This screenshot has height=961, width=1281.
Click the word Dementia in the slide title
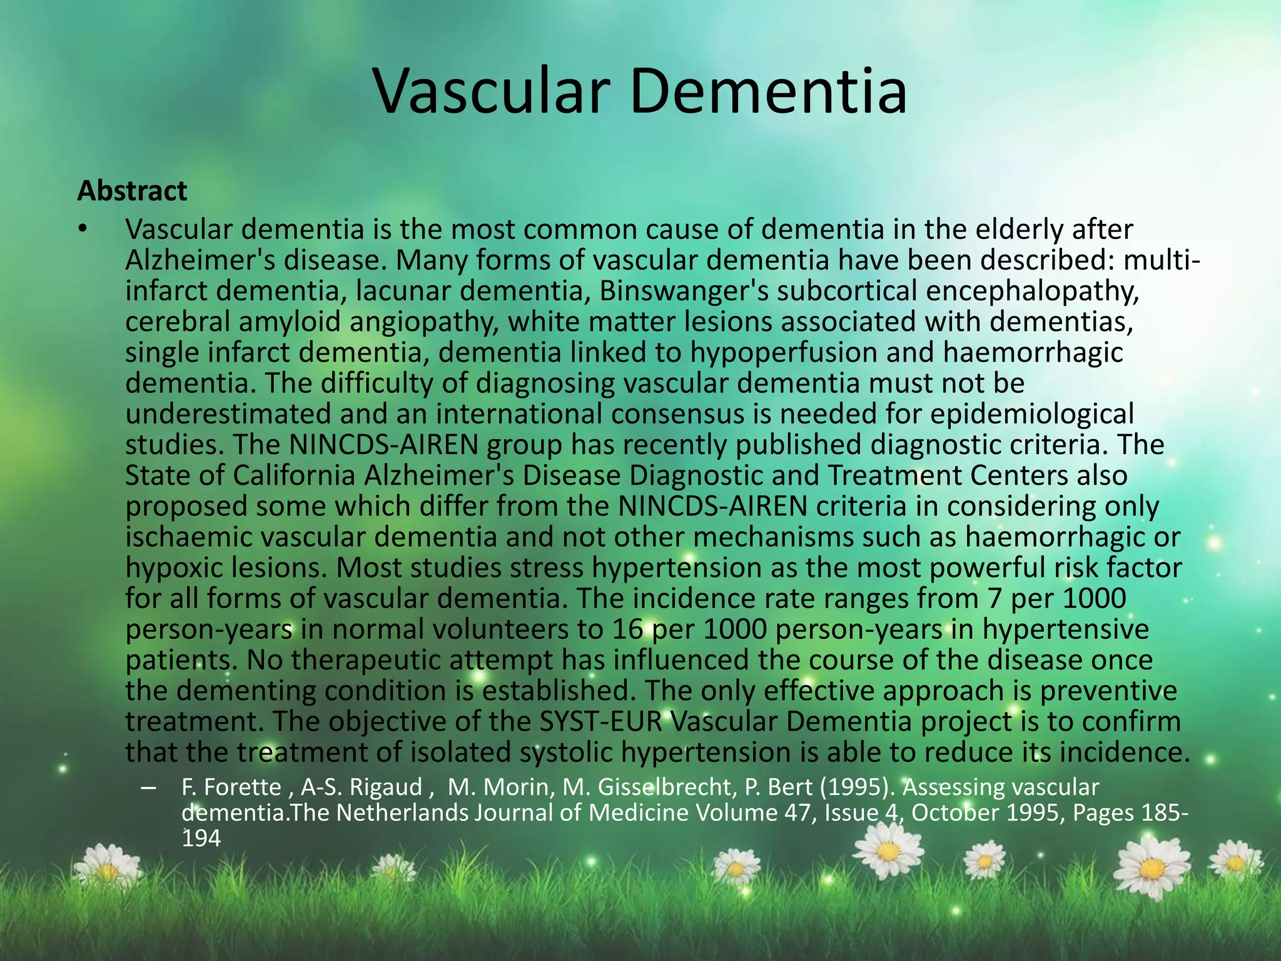(768, 92)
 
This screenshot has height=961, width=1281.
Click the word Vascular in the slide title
(492, 92)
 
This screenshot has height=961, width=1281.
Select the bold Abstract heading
(132, 191)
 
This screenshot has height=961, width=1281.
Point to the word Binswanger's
(683, 291)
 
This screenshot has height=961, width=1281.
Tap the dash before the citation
(148, 788)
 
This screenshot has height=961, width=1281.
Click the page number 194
(201, 838)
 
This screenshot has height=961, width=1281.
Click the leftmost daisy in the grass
(108, 868)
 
